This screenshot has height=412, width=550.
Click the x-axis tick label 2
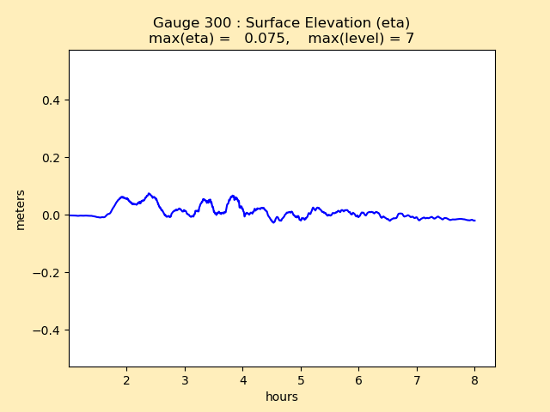(x=126, y=380)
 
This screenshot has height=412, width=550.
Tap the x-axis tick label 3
(x=185, y=380)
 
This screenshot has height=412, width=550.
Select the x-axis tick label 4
(x=242, y=380)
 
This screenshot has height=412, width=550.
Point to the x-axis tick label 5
(x=301, y=380)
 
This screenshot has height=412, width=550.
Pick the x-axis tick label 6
(x=358, y=380)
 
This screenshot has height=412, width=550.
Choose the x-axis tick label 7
(x=417, y=380)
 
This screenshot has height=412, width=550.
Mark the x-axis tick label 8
(x=474, y=380)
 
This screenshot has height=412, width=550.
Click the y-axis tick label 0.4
(x=51, y=100)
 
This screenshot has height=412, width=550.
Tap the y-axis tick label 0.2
(x=51, y=158)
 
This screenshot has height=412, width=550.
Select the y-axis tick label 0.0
(x=51, y=215)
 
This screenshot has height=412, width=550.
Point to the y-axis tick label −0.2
(x=47, y=273)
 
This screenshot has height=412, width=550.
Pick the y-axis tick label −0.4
(x=47, y=330)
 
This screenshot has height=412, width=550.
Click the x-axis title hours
(x=282, y=397)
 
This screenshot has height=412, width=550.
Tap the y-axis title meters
(x=21, y=209)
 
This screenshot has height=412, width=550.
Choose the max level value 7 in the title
(x=410, y=39)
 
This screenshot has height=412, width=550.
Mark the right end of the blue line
(x=474, y=221)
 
